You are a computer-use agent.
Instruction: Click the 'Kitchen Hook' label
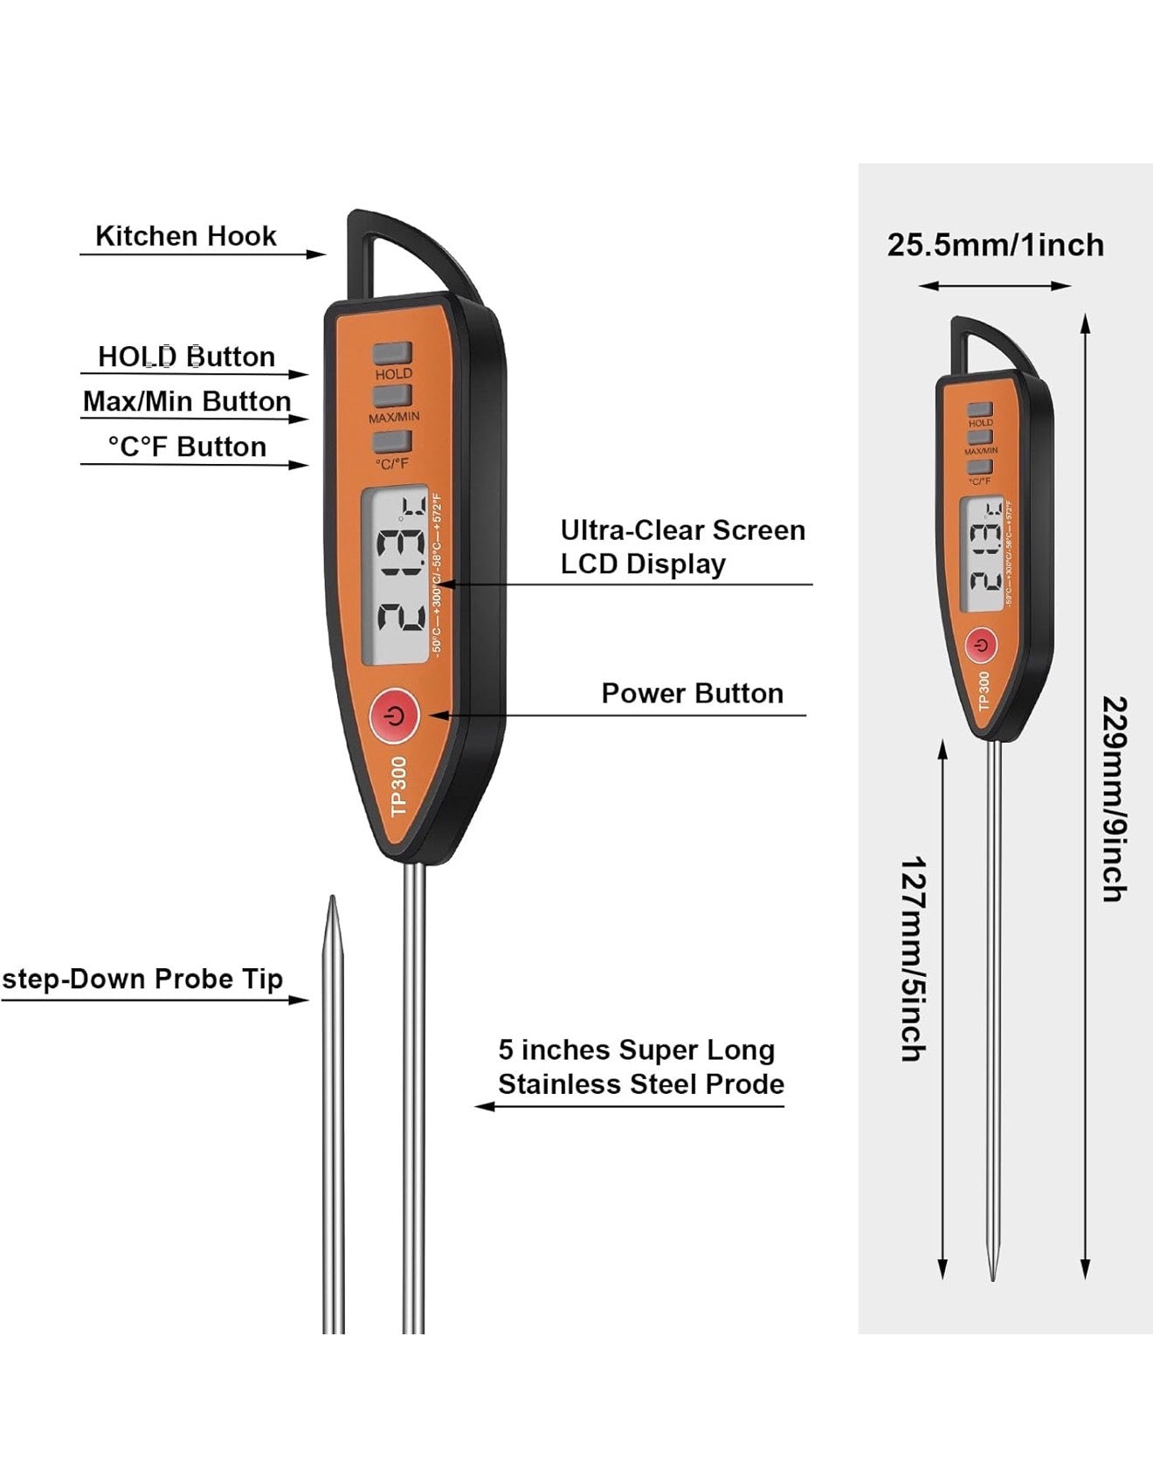point(185,236)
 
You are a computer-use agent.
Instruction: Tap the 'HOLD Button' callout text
point(186,357)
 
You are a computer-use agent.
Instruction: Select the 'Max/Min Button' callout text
point(187,401)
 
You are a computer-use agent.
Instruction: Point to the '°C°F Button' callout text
point(187,447)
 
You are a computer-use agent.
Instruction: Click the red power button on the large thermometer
point(395,716)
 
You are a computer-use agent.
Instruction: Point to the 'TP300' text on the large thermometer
point(399,787)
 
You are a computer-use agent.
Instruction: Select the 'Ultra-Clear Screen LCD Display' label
point(682,547)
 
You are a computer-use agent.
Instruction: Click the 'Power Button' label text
point(692,693)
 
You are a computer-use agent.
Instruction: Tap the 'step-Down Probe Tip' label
point(142,979)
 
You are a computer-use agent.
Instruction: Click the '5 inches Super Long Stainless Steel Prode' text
point(640,1067)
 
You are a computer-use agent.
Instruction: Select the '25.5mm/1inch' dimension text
point(995,245)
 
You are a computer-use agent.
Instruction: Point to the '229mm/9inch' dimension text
point(1114,799)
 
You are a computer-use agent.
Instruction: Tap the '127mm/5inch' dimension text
point(913,959)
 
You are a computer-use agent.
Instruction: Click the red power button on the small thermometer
point(982,646)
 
